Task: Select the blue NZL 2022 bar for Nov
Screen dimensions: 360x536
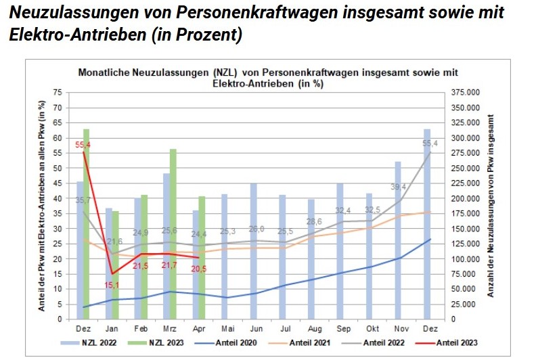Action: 399,240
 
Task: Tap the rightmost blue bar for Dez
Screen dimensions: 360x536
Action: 427,223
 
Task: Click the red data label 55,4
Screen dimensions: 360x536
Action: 83,145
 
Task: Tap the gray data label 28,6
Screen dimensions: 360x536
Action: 313,221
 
